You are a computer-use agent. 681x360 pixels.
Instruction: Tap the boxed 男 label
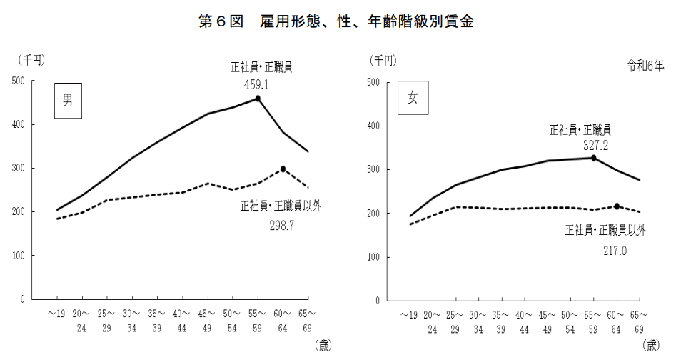(67, 101)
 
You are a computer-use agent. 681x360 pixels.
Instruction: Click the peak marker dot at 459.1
(258, 99)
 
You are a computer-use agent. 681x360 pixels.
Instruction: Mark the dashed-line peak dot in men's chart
(283, 169)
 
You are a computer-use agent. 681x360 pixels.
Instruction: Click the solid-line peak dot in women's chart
(594, 158)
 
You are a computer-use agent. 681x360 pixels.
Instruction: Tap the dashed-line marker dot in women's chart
(617, 206)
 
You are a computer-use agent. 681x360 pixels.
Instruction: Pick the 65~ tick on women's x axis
(638, 314)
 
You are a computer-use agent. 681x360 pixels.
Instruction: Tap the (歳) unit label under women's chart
(650, 346)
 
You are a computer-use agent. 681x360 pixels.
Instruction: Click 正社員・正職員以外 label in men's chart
(281, 207)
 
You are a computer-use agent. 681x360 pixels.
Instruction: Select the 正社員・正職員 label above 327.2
(580, 130)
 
